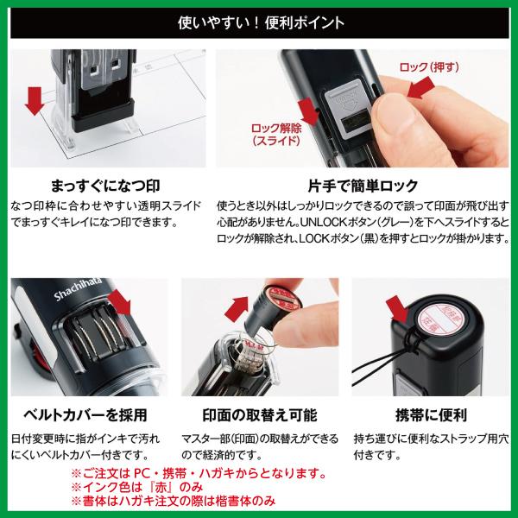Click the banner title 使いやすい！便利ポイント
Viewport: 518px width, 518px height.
pyautogui.click(x=259, y=18)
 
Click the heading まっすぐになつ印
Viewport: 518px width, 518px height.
pyautogui.click(x=104, y=186)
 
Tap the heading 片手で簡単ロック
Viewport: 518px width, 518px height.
pyautogui.click(x=363, y=186)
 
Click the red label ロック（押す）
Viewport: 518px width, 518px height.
pyautogui.click(x=433, y=66)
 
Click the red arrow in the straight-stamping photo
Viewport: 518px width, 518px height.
pyautogui.click(x=35, y=99)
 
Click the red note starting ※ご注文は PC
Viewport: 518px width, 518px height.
pyautogui.click(x=199, y=473)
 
